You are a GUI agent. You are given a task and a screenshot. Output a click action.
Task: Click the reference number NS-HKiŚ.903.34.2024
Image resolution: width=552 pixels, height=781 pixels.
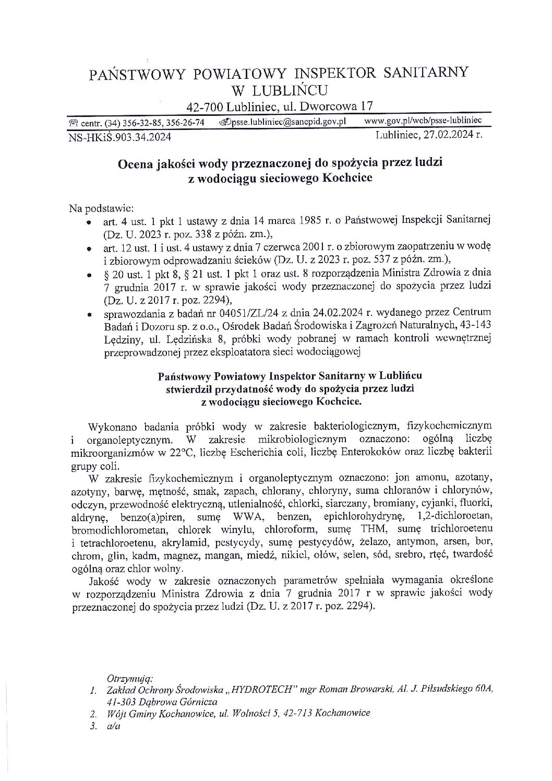coord(119,137)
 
